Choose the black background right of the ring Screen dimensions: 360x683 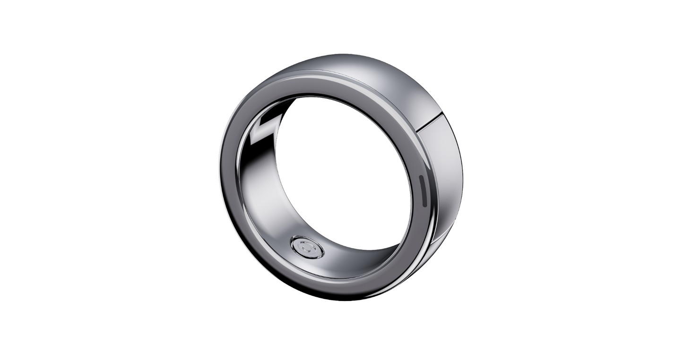click(567, 180)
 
